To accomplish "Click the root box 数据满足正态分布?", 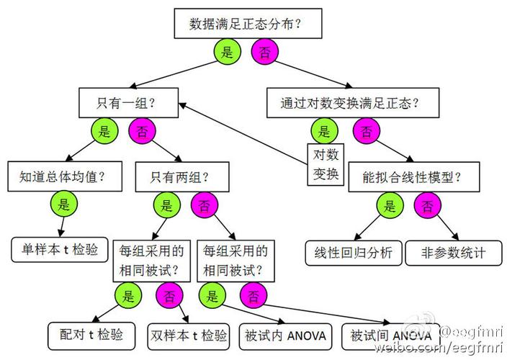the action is tap(248, 24).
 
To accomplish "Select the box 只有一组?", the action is tap(128, 103).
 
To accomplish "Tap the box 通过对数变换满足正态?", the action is tap(353, 103).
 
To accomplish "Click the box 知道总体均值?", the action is tap(65, 176).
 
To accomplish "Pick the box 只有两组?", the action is tap(182, 177).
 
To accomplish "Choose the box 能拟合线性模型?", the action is tap(414, 177).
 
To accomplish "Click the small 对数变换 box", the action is tap(326, 164).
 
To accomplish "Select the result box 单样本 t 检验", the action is tap(60, 250).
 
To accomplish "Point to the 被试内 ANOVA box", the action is tap(285, 337).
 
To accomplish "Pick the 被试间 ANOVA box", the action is tap(390, 337).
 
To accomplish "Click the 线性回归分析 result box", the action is tap(354, 253).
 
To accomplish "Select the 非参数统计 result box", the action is tap(454, 253).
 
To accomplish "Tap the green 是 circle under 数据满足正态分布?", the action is tap(228, 51).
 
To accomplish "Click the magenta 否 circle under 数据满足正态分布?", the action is tap(265, 51).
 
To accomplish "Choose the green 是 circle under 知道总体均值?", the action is tap(64, 204).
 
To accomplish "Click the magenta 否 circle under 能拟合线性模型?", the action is tap(428, 205).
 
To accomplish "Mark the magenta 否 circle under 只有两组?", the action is tap(205, 205).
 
